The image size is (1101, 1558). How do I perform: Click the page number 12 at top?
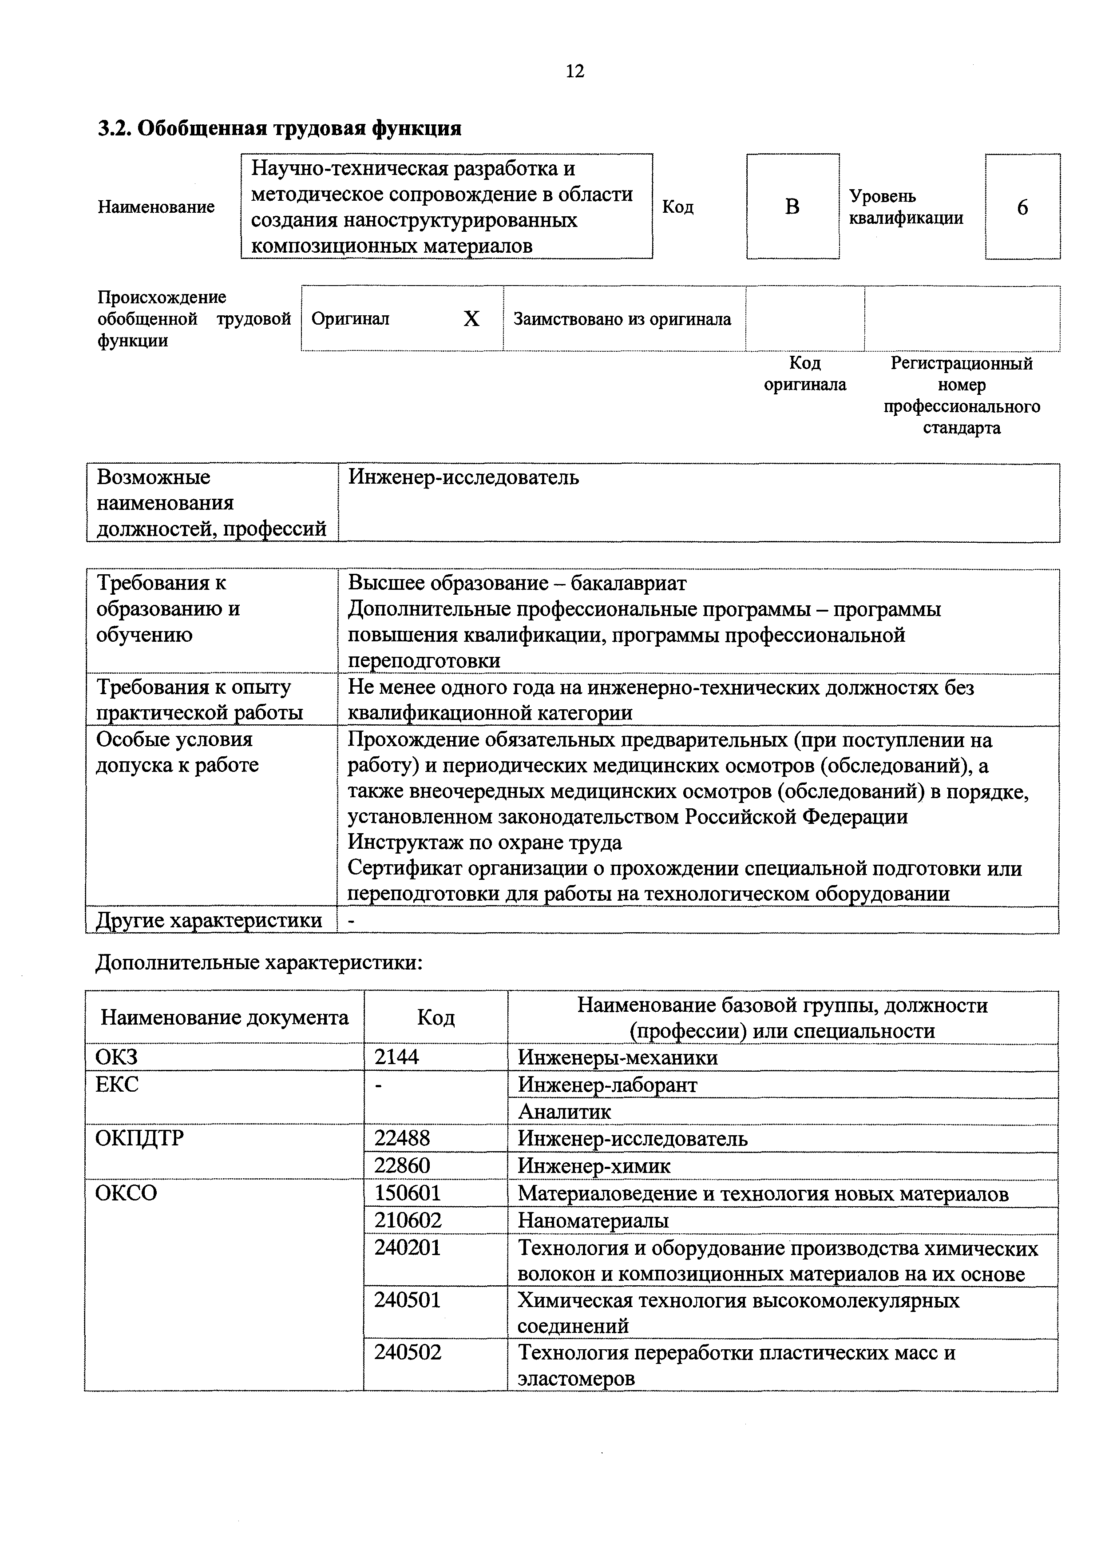[574, 71]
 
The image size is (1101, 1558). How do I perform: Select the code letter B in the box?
[792, 206]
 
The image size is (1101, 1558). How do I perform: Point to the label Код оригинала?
[805, 374]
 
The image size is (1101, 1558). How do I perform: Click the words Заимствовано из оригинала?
[622, 319]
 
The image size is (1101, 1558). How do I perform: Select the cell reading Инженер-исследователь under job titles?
[463, 478]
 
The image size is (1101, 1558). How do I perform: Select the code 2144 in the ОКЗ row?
[397, 1057]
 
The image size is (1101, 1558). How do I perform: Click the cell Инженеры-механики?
[618, 1057]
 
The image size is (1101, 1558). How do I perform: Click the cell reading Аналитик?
[564, 1112]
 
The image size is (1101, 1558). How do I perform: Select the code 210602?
[408, 1220]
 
